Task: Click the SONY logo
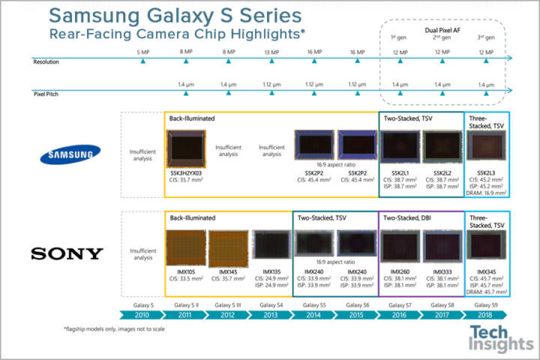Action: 66,253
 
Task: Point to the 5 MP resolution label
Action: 142,51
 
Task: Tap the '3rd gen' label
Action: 487,37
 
